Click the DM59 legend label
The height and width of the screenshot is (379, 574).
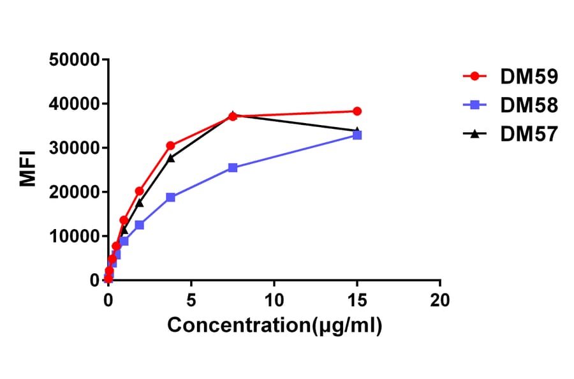pyautogui.click(x=529, y=77)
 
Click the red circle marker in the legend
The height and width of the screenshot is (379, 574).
pyautogui.click(x=475, y=77)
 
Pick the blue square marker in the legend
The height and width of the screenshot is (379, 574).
pyautogui.click(x=475, y=105)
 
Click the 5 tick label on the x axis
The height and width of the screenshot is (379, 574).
pyautogui.click(x=191, y=299)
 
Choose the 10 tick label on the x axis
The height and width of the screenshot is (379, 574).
pyautogui.click(x=274, y=299)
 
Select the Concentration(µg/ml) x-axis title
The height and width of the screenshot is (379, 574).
pyautogui.click(x=274, y=326)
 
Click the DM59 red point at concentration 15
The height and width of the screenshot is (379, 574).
pyautogui.click(x=357, y=111)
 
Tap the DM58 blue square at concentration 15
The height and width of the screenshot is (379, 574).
pyautogui.click(x=357, y=135)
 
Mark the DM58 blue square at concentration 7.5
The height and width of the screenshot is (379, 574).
pyautogui.click(x=233, y=168)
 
